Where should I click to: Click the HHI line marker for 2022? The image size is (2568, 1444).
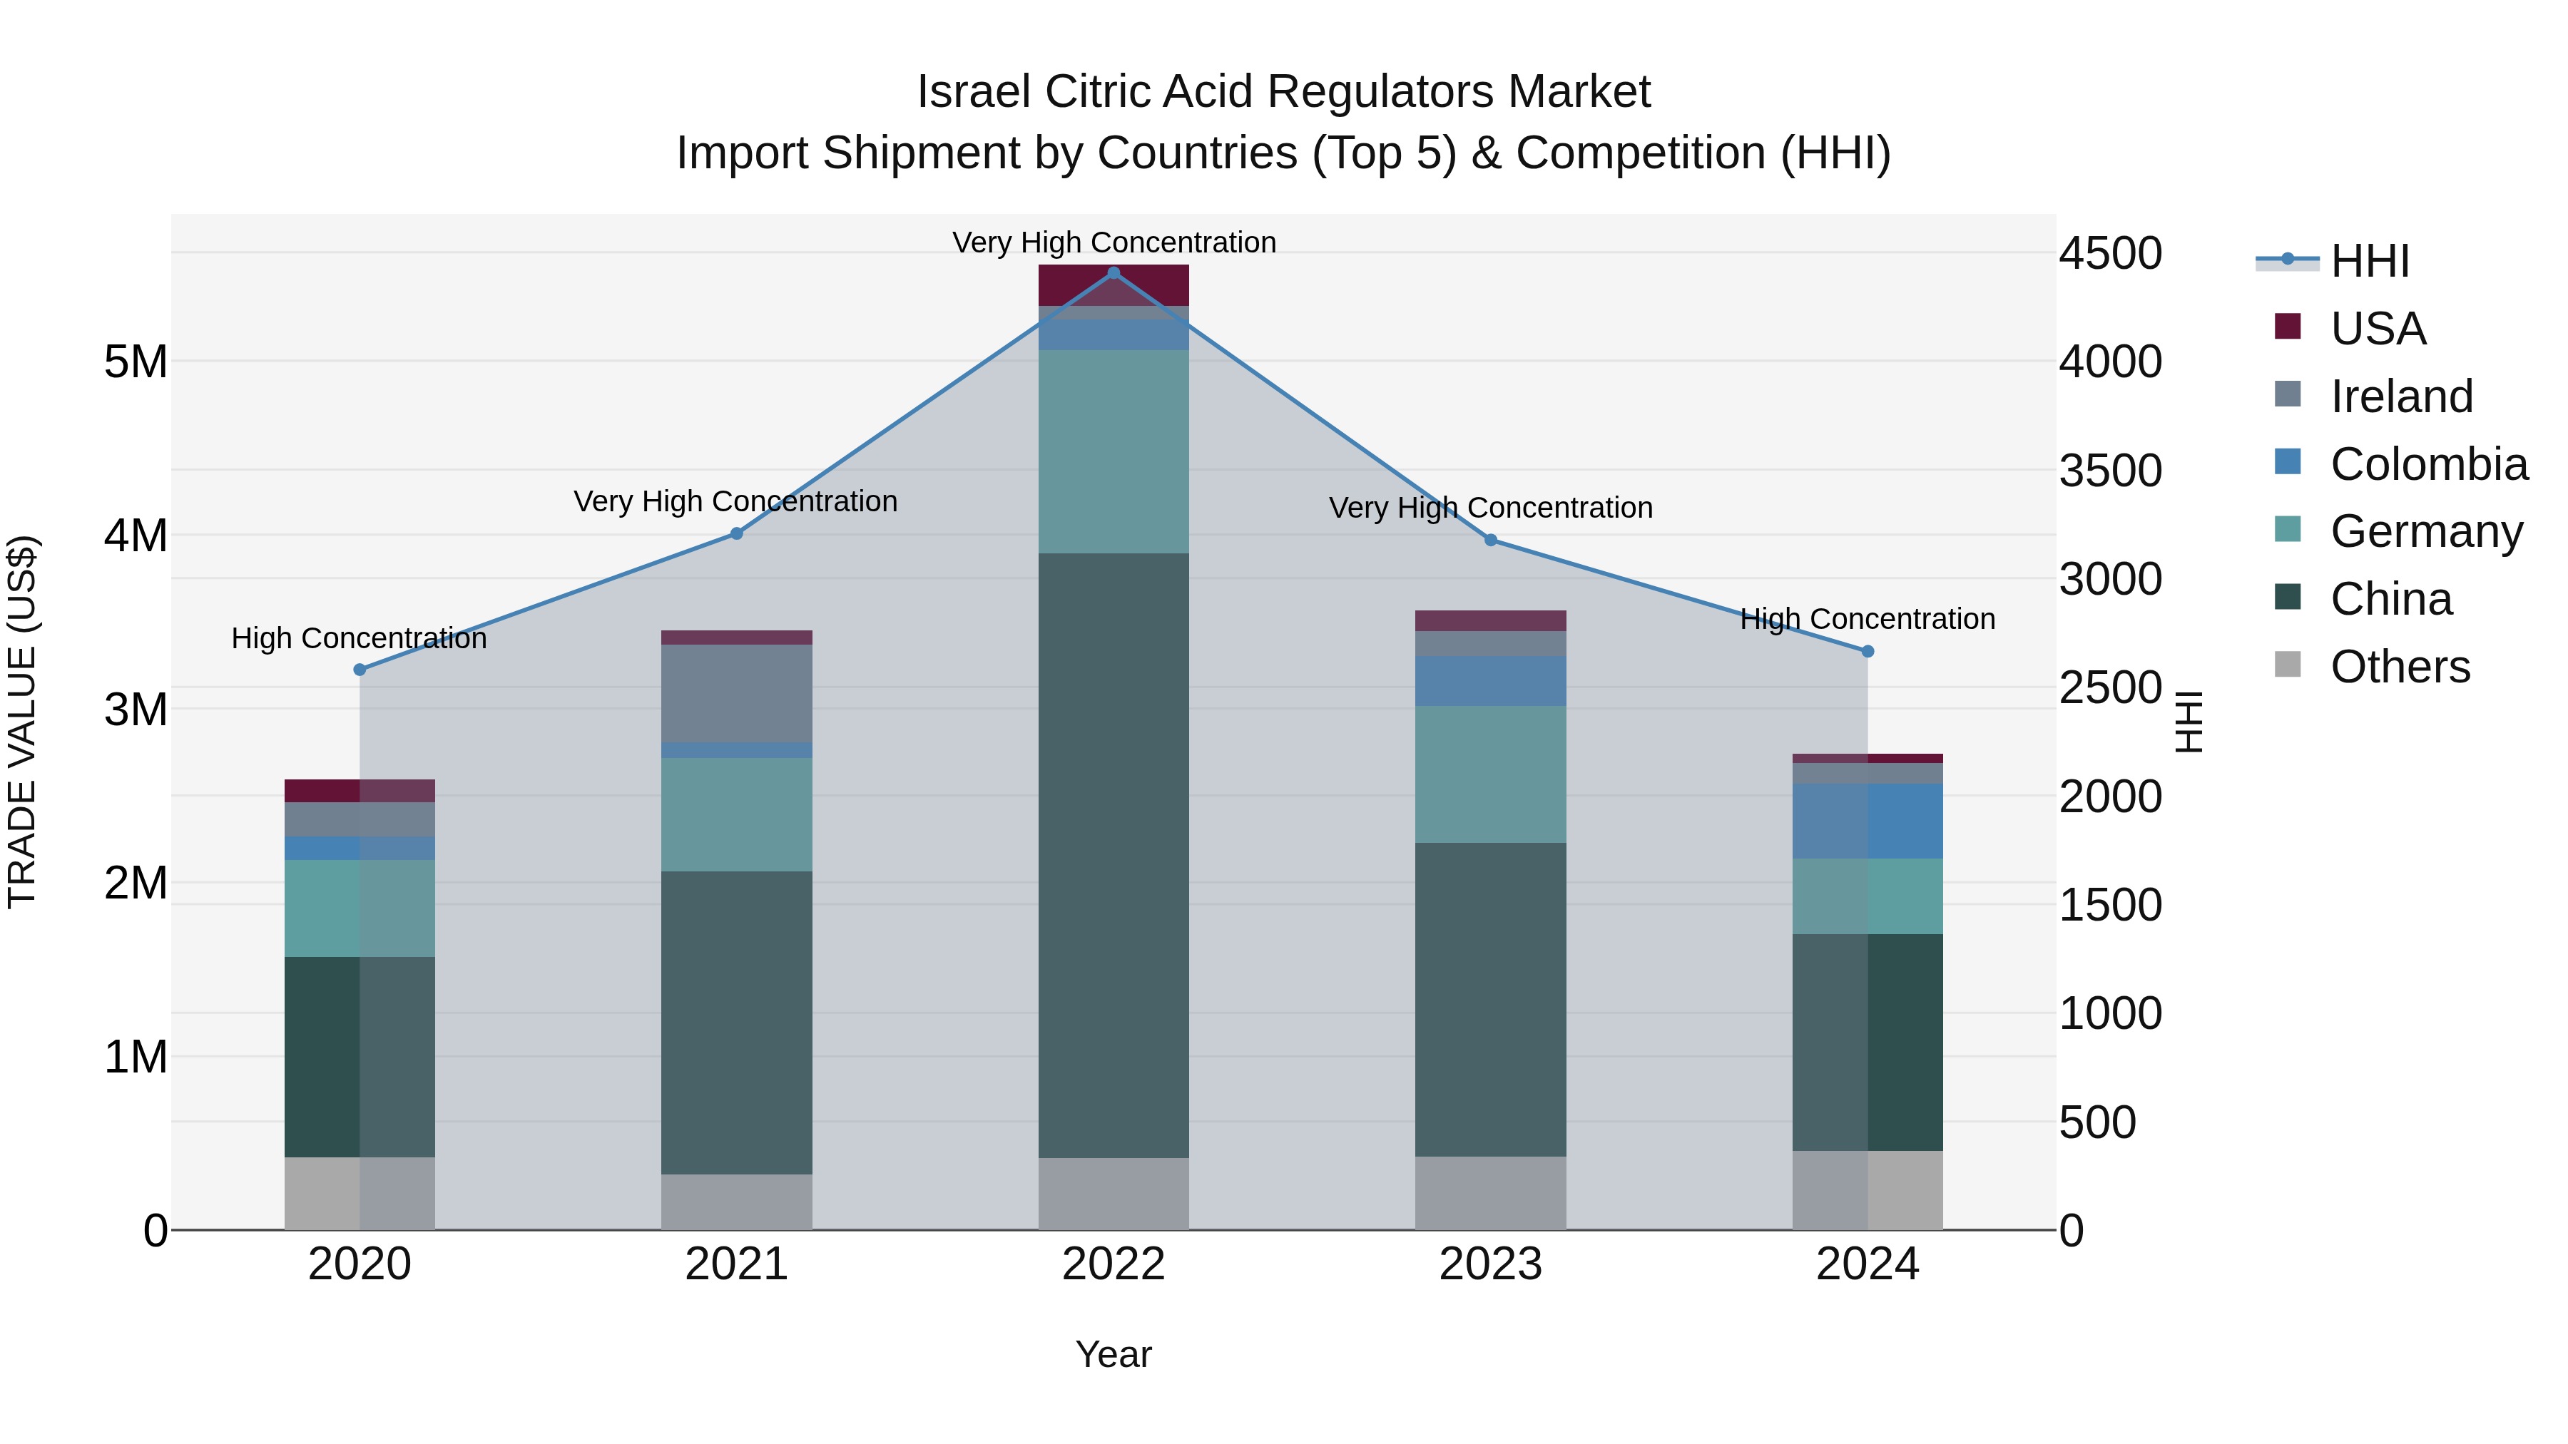[x=1114, y=273]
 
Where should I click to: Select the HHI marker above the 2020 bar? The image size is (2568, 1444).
[x=360, y=670]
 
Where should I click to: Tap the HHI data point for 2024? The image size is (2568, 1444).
[x=1868, y=651]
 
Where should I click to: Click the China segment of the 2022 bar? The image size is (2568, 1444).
[x=1114, y=855]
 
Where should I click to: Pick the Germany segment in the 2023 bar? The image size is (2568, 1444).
[x=1490, y=774]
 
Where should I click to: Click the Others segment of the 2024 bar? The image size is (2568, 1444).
[x=1868, y=1190]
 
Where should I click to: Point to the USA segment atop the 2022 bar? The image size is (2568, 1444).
[x=1114, y=285]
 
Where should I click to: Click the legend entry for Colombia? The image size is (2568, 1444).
[x=2427, y=464]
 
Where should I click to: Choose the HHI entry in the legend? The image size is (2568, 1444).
[x=2368, y=261]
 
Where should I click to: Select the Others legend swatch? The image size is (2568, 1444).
[x=2287, y=665]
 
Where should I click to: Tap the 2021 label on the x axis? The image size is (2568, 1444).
[x=737, y=1264]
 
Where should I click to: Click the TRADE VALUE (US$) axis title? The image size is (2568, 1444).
[x=22, y=722]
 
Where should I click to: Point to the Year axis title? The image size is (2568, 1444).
[x=1114, y=1354]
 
